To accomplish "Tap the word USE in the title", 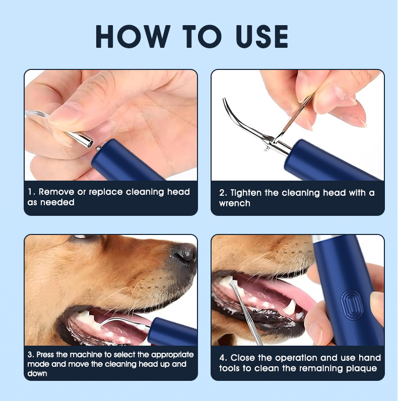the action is click(x=262, y=36).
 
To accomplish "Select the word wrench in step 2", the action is click(x=235, y=204).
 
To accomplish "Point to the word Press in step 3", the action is click(x=45, y=355).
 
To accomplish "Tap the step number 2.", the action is click(x=222, y=193).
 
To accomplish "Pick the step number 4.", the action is click(x=223, y=358).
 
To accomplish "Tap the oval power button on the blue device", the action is click(x=352, y=305).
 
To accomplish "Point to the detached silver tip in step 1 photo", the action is click(x=80, y=139).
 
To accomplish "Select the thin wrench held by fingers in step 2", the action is click(x=295, y=118).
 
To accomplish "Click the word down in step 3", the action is click(x=37, y=374).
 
